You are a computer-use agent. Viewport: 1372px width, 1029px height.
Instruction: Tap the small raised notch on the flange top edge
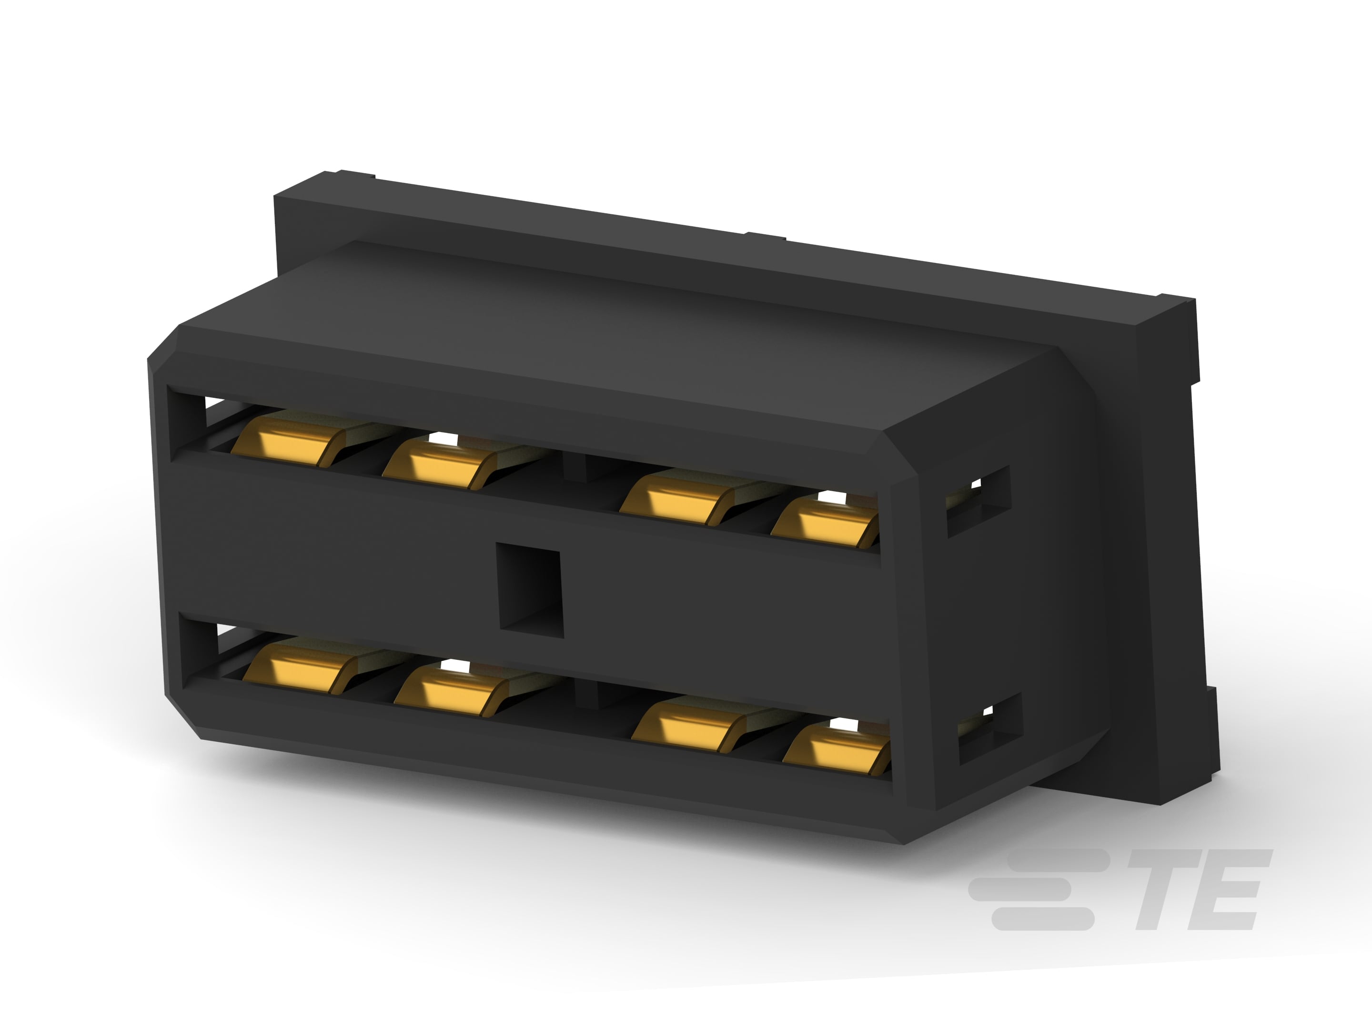coord(766,236)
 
